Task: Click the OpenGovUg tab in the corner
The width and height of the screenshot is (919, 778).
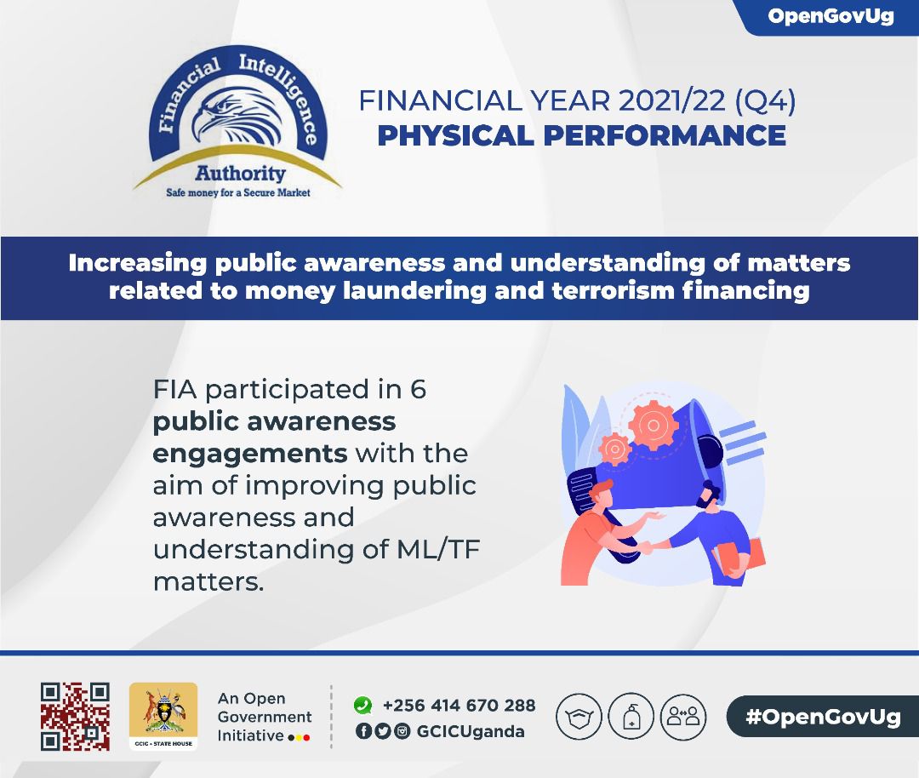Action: click(830, 17)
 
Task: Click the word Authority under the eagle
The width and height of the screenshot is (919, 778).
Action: click(240, 173)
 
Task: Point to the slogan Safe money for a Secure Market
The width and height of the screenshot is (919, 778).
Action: click(238, 192)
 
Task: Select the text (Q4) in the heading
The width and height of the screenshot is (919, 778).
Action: click(765, 100)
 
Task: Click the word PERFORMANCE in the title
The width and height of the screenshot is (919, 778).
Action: click(665, 135)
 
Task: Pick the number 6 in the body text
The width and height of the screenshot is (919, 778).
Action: click(418, 389)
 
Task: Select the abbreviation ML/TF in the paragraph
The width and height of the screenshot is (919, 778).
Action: click(438, 550)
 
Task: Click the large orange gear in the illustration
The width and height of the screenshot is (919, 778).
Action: click(654, 425)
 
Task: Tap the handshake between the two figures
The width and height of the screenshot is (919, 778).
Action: click(647, 547)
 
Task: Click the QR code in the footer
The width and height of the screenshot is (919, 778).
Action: click(75, 717)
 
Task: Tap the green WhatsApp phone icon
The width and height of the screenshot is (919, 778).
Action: click(362, 705)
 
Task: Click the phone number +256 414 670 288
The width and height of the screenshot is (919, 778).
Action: click(459, 705)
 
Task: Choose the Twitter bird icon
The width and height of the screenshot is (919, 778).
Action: click(383, 731)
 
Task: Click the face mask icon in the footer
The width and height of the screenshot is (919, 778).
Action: click(579, 717)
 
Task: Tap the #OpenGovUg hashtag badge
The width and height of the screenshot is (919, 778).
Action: click(823, 717)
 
